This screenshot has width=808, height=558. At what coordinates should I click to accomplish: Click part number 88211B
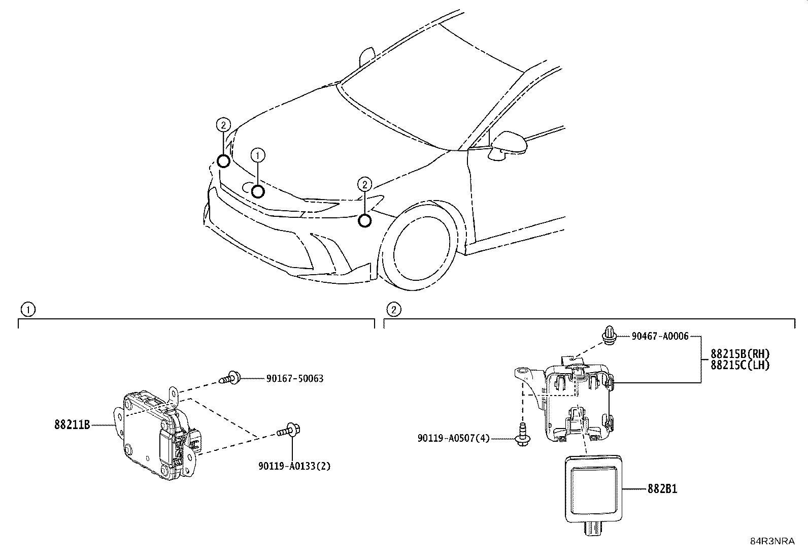pos(72,424)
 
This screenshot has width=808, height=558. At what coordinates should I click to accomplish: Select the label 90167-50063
pos(295,378)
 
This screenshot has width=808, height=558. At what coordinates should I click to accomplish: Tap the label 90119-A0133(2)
pos(293,466)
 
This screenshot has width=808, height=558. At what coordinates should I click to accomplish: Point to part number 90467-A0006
pos(660,336)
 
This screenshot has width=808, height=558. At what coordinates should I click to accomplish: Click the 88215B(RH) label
pos(740,353)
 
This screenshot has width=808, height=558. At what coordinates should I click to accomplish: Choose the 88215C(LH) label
pos(740,365)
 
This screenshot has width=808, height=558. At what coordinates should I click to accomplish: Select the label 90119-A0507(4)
pos(454,438)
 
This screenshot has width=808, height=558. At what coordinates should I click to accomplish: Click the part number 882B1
pos(662,489)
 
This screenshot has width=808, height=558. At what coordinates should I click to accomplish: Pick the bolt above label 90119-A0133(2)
pos(289,431)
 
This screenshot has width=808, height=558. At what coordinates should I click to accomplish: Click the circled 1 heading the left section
pos(28,309)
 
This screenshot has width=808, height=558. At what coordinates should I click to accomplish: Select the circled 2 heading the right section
pos(393,309)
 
